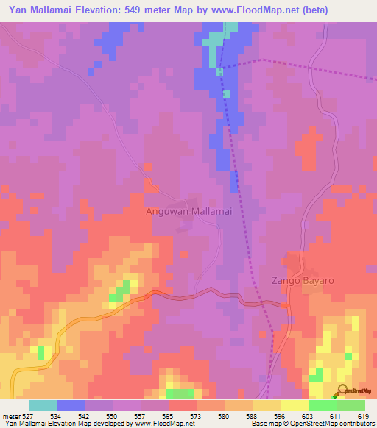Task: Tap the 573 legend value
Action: pyautogui.click(x=197, y=416)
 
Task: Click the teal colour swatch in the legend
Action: pyautogui.click(x=43, y=405)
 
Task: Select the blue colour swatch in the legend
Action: pyautogui.click(x=71, y=405)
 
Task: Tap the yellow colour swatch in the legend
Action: pyautogui.click(x=295, y=405)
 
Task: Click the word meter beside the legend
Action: pyautogui.click(x=10, y=416)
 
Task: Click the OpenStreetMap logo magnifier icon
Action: pyautogui.click(x=342, y=390)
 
